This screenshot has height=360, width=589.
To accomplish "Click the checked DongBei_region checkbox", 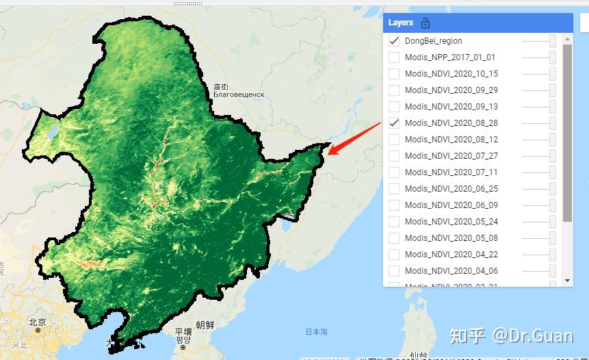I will click(x=394, y=41).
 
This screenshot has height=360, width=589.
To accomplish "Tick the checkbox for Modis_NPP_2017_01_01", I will click(x=394, y=57).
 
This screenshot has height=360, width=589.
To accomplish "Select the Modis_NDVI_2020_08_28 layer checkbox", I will click(x=394, y=123).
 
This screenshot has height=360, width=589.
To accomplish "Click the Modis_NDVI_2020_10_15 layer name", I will click(x=451, y=74).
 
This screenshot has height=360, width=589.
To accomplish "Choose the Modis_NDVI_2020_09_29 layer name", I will click(x=451, y=90).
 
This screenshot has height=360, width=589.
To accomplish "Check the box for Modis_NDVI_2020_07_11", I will click(x=394, y=172).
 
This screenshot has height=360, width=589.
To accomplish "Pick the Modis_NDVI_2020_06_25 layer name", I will click(x=451, y=189).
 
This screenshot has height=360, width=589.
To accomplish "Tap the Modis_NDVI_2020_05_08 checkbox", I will click(x=394, y=238).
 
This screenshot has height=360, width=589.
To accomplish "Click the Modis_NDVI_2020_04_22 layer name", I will click(x=451, y=255).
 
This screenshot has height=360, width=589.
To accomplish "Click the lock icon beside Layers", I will click(x=426, y=23).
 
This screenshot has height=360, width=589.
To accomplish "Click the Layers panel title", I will click(x=401, y=23).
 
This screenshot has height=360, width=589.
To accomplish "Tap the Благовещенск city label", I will click(x=238, y=95).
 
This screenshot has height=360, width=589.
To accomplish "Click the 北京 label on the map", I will click(x=37, y=322).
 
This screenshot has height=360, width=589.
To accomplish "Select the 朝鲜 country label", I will click(x=205, y=325).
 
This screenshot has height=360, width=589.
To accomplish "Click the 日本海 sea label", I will click(x=316, y=332).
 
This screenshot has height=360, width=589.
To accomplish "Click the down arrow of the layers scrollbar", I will click(x=567, y=281).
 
